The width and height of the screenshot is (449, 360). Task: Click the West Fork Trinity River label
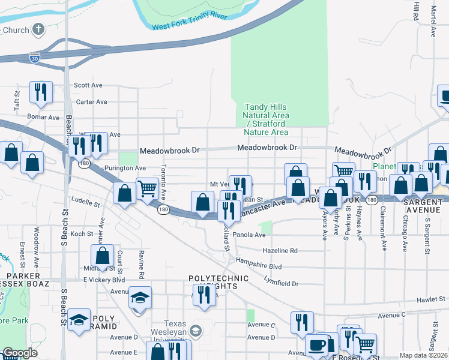tap(189, 21)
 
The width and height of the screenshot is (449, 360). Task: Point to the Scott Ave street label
tap(88, 86)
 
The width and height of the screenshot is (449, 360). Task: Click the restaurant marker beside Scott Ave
tap(41, 92)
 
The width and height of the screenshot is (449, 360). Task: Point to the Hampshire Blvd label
tap(259, 266)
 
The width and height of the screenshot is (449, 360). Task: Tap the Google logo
tap(20, 353)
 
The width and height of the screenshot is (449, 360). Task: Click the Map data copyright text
tap(423, 355)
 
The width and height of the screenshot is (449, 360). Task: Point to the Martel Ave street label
tap(433, 21)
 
